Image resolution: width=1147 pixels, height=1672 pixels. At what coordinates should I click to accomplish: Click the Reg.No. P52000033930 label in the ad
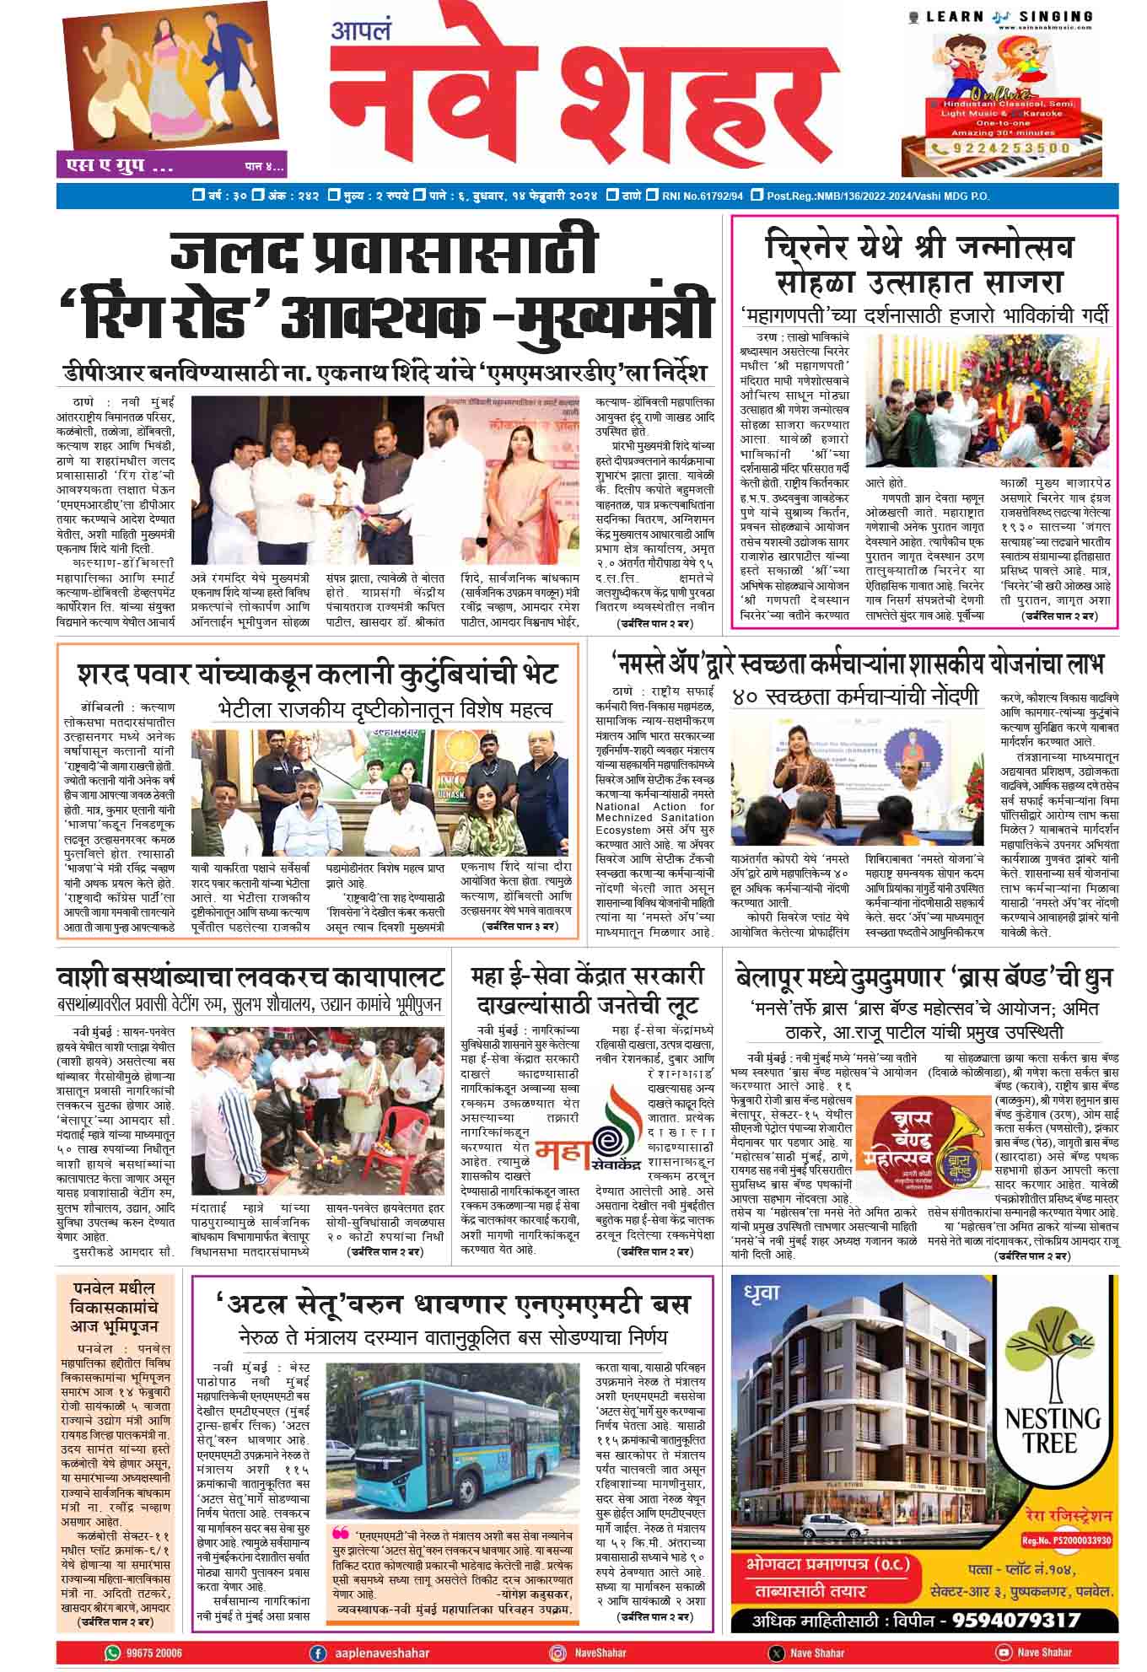point(1066,1539)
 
